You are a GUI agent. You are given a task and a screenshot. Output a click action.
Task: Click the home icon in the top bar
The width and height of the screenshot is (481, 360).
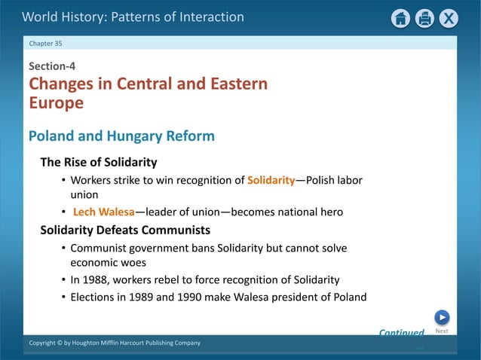(401, 18)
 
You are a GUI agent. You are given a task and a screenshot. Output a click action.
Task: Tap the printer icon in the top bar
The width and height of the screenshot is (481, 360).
(424, 18)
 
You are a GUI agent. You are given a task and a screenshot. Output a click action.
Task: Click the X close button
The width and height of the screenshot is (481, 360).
(449, 18)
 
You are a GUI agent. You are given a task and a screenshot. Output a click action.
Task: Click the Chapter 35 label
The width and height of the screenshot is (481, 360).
(45, 43)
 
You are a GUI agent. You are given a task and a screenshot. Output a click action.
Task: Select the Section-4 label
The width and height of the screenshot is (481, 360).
(52, 66)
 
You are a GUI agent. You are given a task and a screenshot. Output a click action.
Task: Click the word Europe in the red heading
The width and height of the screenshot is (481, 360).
(56, 103)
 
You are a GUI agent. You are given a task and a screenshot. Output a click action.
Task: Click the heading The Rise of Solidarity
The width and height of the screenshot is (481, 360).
(98, 162)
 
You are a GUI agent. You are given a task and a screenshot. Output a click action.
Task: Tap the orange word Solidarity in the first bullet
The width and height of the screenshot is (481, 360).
(271, 181)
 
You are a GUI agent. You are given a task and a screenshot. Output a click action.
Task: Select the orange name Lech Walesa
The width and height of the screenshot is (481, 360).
(103, 212)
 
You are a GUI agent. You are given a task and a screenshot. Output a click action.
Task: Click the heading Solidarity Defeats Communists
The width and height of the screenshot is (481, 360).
(124, 230)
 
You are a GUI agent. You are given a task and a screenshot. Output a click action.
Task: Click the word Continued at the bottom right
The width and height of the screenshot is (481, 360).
(401, 332)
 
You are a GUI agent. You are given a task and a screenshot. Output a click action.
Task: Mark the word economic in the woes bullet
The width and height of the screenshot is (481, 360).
(94, 264)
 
